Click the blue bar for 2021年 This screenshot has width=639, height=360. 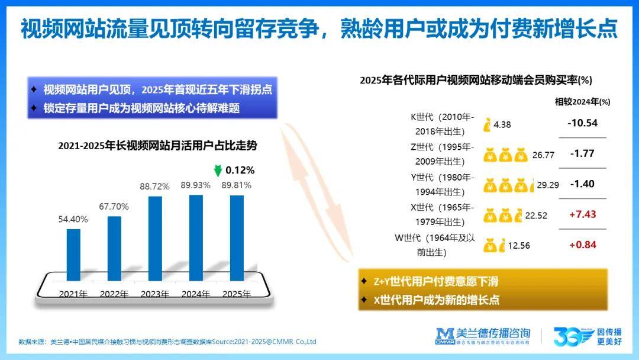coord(73,255)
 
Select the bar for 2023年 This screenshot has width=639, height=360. coord(155,238)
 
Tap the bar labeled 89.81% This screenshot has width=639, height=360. coord(237,238)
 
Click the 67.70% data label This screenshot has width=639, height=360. coord(114,207)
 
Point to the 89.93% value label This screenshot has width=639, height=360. coord(196,185)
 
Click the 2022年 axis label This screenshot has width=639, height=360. coord(114,294)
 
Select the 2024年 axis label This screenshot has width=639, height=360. coord(196,294)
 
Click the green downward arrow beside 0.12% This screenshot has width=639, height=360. coord(218,171)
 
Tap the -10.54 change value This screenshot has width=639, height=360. coord(582,123)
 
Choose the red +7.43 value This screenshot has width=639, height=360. coord(582,214)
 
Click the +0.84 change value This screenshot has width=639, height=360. coord(582,245)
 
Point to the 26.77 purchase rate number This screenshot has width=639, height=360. coord(543,155)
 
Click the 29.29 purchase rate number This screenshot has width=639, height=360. coord(548,185)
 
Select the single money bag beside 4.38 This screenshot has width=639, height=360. coord(486,125)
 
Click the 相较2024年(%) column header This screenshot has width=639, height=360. coord(582,102)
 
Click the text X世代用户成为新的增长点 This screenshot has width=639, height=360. coord(437,300)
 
